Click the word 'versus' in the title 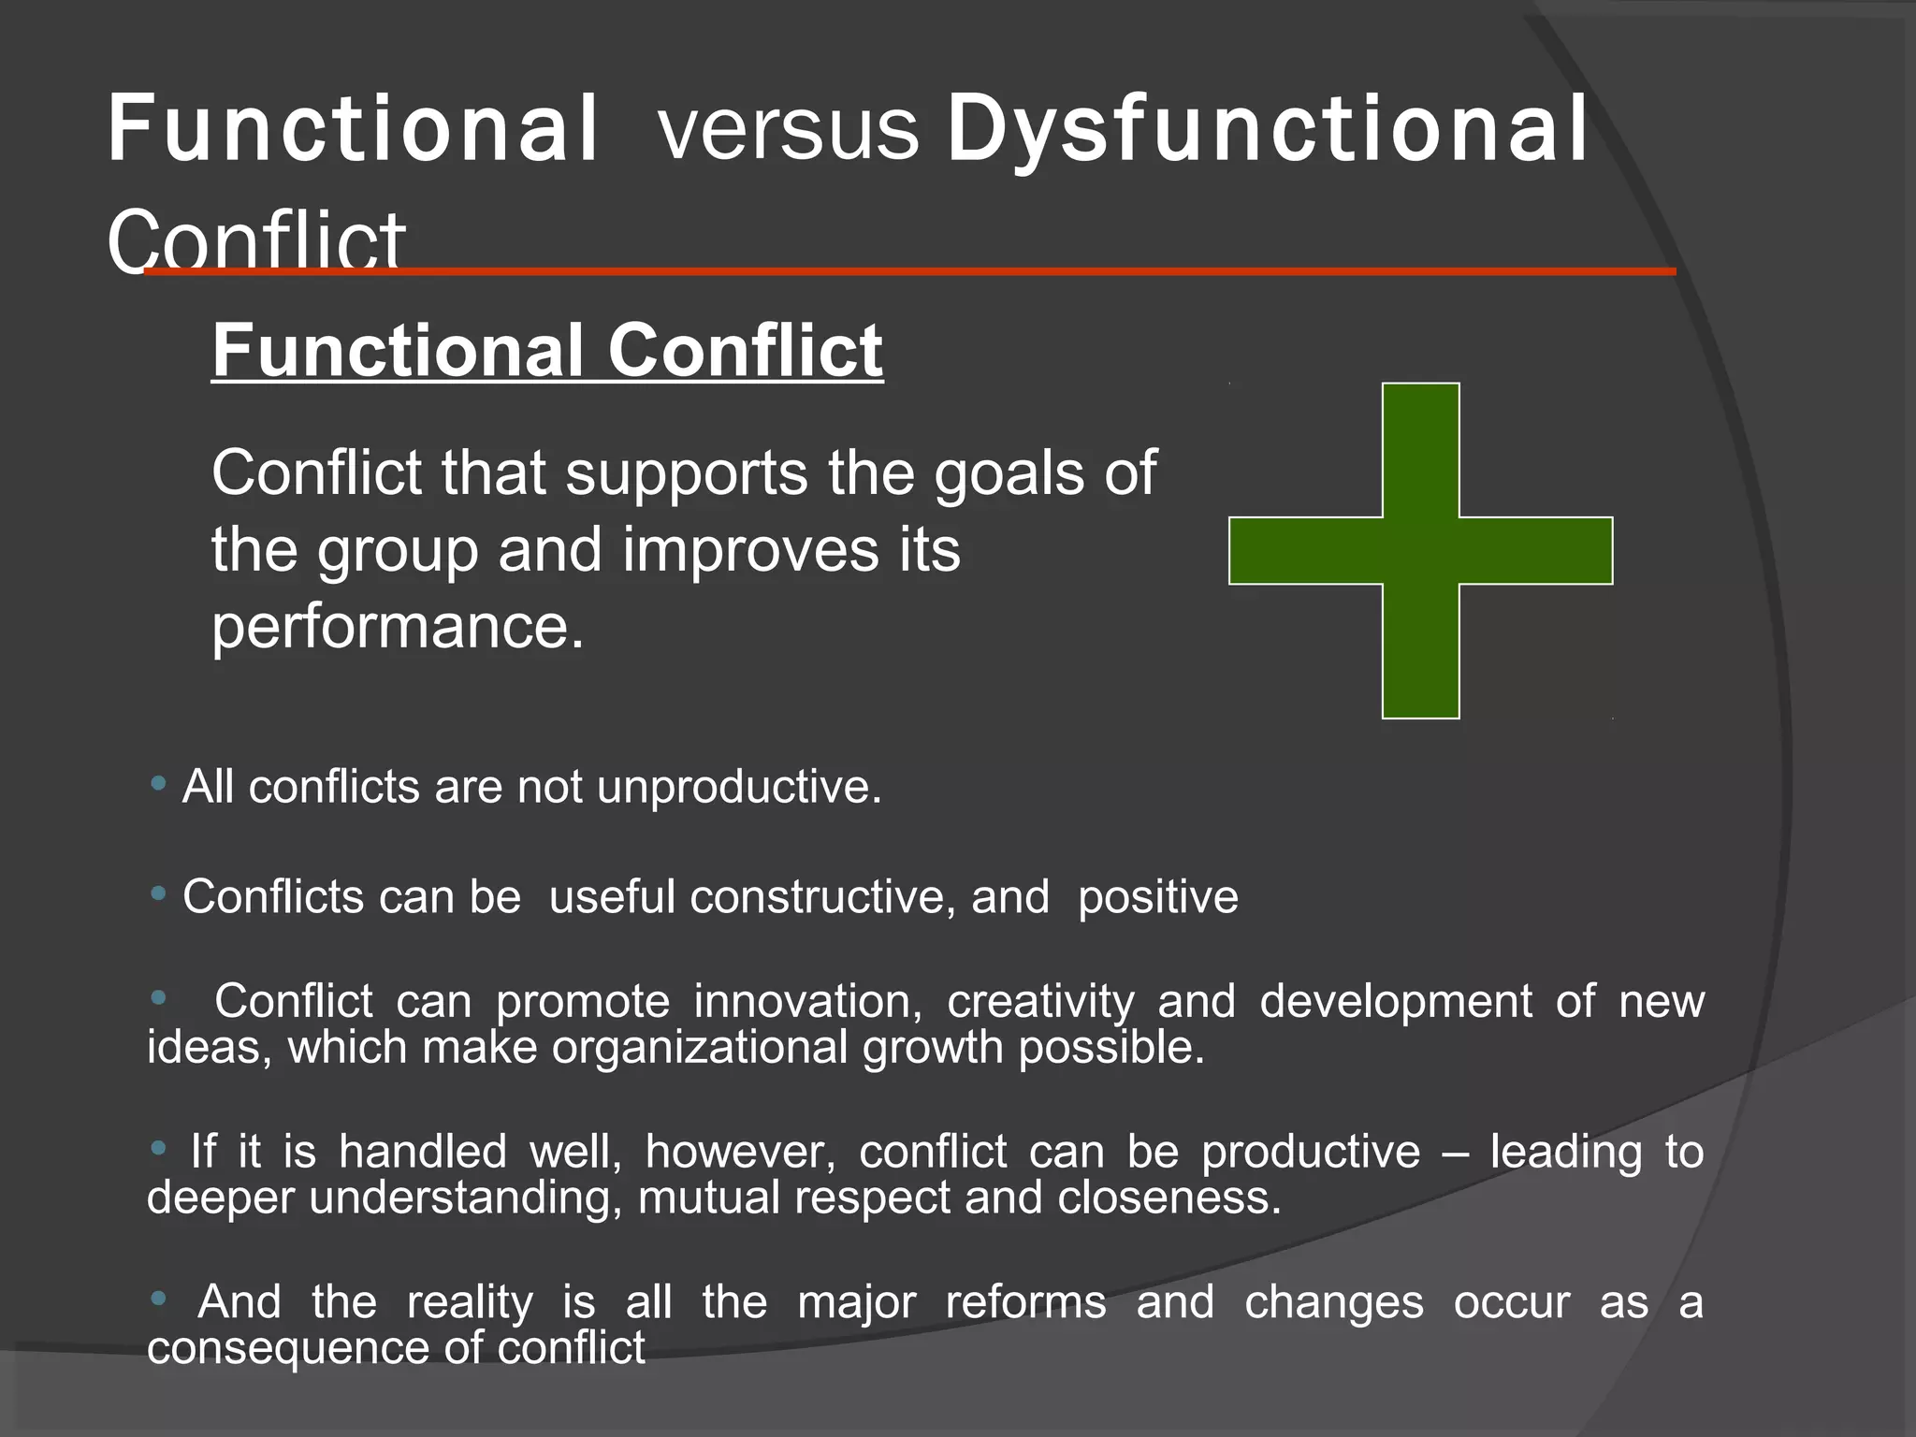789,129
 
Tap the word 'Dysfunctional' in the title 1268,129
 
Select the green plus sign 1420,550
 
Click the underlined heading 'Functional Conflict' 547,350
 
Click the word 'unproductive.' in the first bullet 739,787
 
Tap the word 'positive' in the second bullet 1157,897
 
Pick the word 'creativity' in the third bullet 1040,1002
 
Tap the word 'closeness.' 1168,1197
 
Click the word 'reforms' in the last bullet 1025,1302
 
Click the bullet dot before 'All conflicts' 158,782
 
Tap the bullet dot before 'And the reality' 158,1299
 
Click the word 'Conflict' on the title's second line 256,239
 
